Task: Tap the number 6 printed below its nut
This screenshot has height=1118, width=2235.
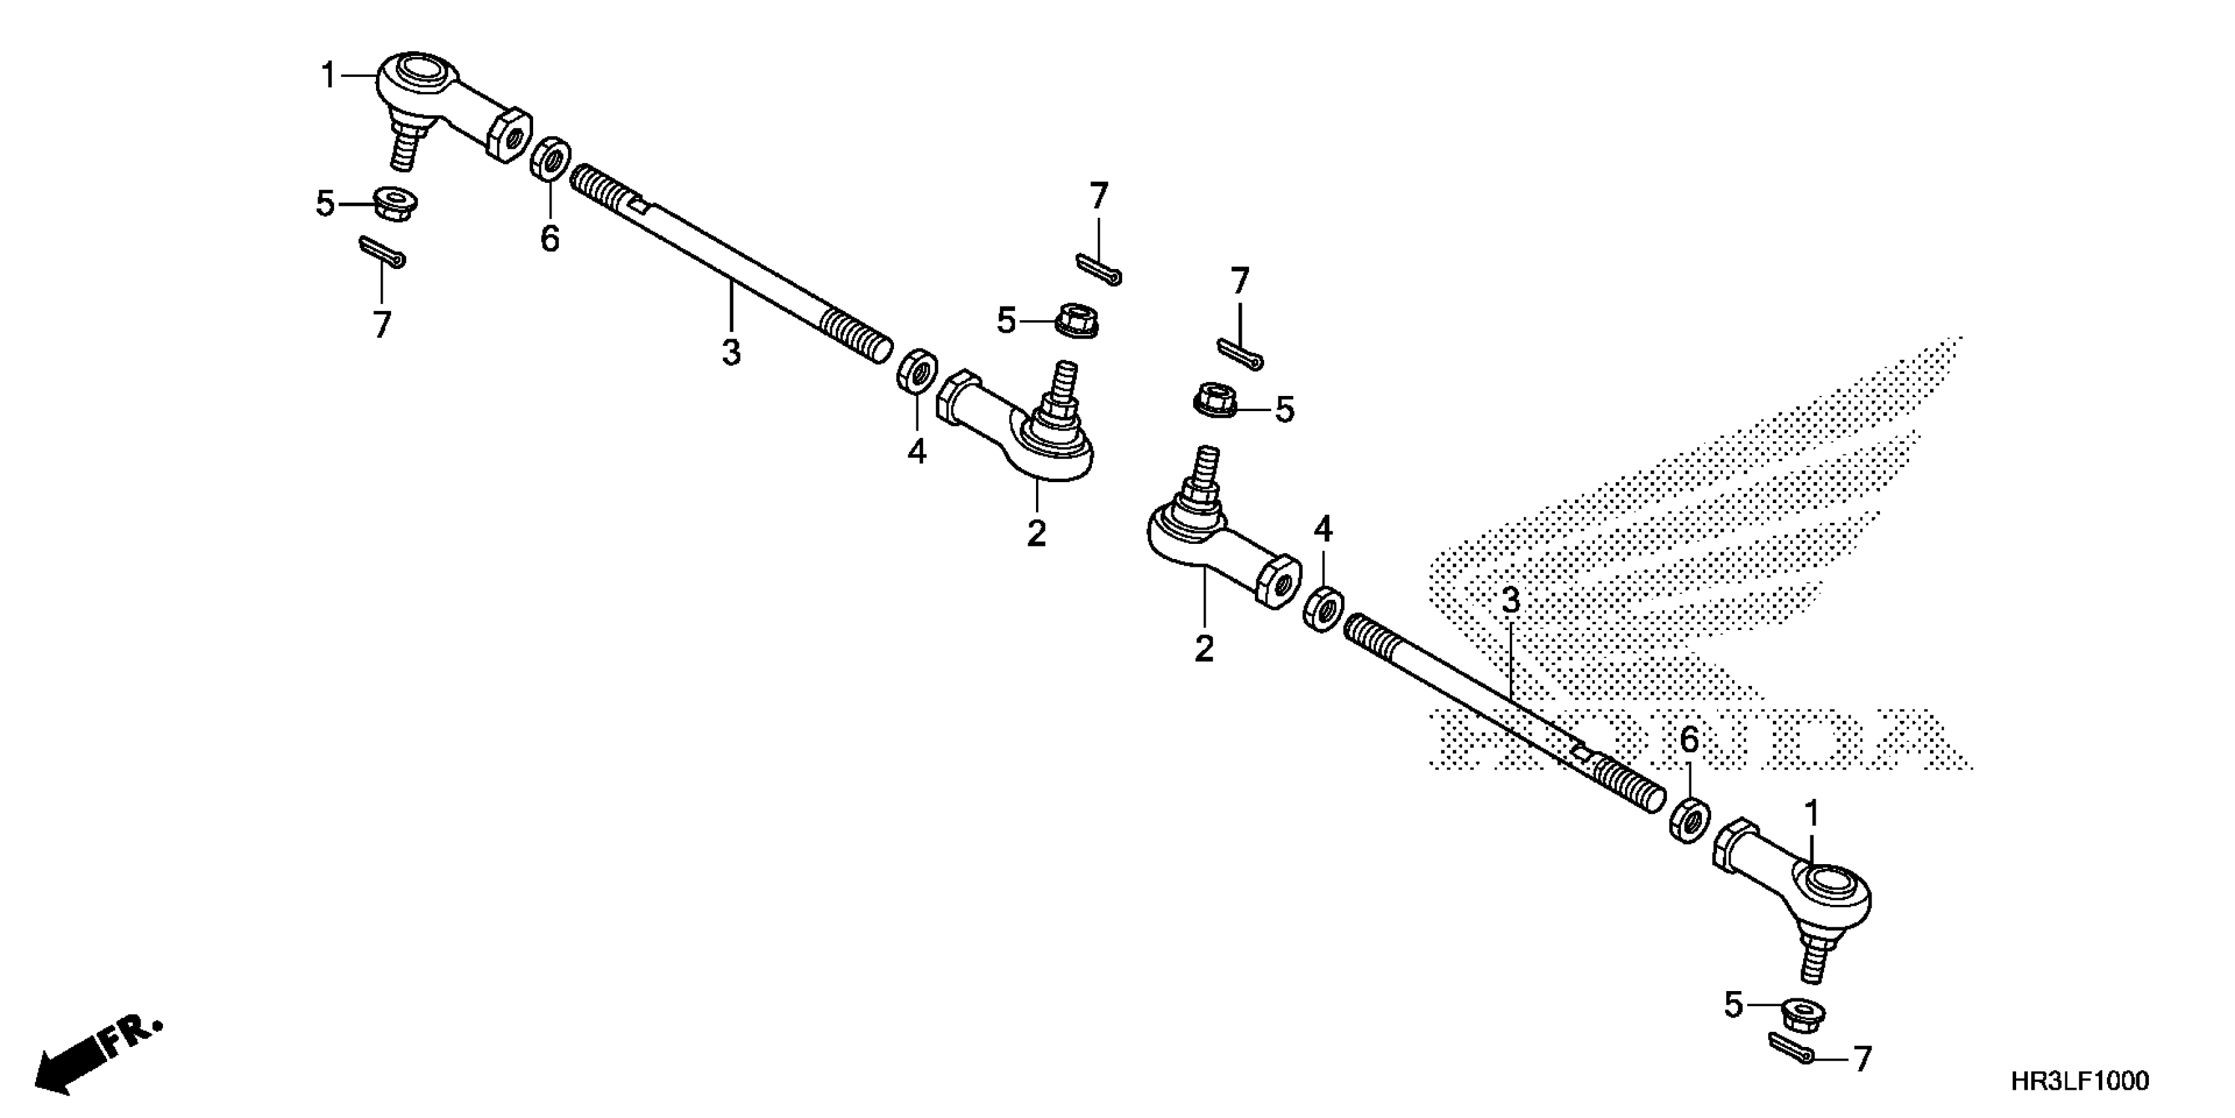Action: tap(550, 238)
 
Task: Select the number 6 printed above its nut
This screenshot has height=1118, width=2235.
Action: tap(1688, 741)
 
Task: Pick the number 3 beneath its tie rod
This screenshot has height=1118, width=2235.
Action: tap(732, 352)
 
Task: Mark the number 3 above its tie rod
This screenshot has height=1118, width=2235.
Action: tap(1511, 600)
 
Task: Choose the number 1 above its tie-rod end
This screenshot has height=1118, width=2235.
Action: tap(1812, 814)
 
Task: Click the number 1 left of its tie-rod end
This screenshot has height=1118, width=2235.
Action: tap(328, 76)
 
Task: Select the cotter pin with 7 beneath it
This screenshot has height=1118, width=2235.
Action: tap(382, 253)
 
